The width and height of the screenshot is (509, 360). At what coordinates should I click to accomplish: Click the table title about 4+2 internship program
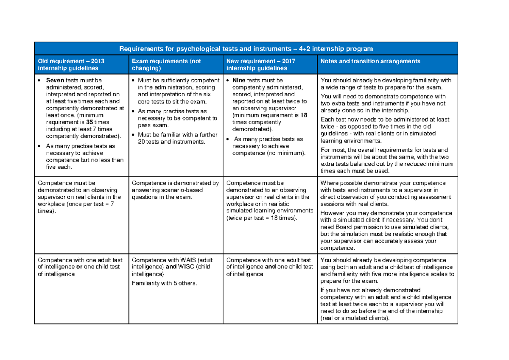(x=246, y=48)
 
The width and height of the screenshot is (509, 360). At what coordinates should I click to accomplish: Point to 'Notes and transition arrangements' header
(x=370, y=61)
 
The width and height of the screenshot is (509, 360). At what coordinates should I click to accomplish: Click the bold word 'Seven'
(x=55, y=80)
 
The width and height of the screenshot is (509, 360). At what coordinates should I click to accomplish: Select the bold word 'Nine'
(x=239, y=80)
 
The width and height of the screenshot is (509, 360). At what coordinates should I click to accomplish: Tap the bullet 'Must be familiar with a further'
(x=177, y=135)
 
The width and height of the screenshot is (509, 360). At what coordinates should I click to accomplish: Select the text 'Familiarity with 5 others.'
(x=165, y=283)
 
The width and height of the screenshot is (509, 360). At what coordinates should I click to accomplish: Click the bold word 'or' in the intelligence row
(x=78, y=267)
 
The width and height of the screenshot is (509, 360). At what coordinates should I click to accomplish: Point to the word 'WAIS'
(x=189, y=260)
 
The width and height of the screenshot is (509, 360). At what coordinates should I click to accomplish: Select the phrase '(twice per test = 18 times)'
(x=262, y=218)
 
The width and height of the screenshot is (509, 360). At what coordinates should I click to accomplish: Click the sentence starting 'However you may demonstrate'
(x=386, y=213)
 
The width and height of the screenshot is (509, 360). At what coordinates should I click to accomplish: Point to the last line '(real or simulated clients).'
(x=355, y=318)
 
